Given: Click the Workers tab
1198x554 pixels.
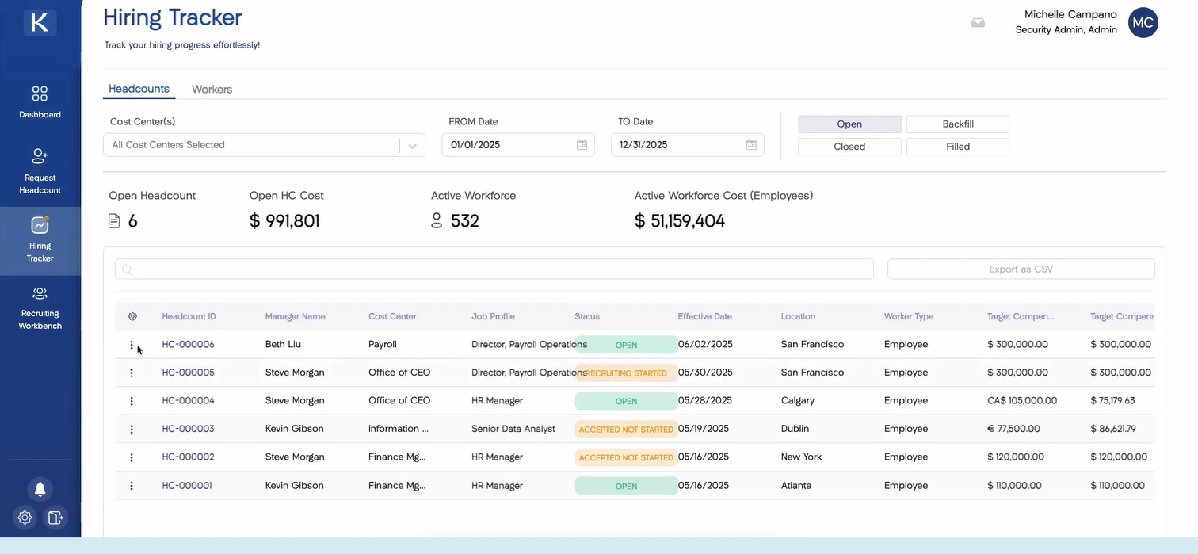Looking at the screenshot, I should [212, 90].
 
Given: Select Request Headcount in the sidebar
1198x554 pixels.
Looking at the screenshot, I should [40, 170].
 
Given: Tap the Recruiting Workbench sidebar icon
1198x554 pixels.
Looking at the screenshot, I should [40, 308].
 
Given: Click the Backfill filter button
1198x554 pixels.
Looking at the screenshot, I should [957, 124].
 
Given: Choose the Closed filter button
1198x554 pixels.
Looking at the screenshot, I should [849, 147].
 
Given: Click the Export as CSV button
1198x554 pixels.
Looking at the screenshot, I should [1021, 269].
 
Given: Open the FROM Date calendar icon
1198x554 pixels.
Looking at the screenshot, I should [582, 145].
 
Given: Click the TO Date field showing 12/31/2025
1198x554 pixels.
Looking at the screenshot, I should [677, 145].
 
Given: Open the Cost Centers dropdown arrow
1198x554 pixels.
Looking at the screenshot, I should [412, 146].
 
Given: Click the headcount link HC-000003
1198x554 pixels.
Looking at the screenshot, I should [188, 429].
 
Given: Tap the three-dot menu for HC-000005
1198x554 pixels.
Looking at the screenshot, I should [132, 373].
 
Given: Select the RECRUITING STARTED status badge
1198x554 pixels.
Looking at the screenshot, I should [626, 373].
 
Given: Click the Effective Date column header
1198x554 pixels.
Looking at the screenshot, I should [704, 317].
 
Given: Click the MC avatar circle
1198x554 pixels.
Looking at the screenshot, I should [1143, 23].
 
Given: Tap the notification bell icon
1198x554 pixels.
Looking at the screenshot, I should [40, 489].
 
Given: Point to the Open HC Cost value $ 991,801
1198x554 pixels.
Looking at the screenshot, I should [284, 221].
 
